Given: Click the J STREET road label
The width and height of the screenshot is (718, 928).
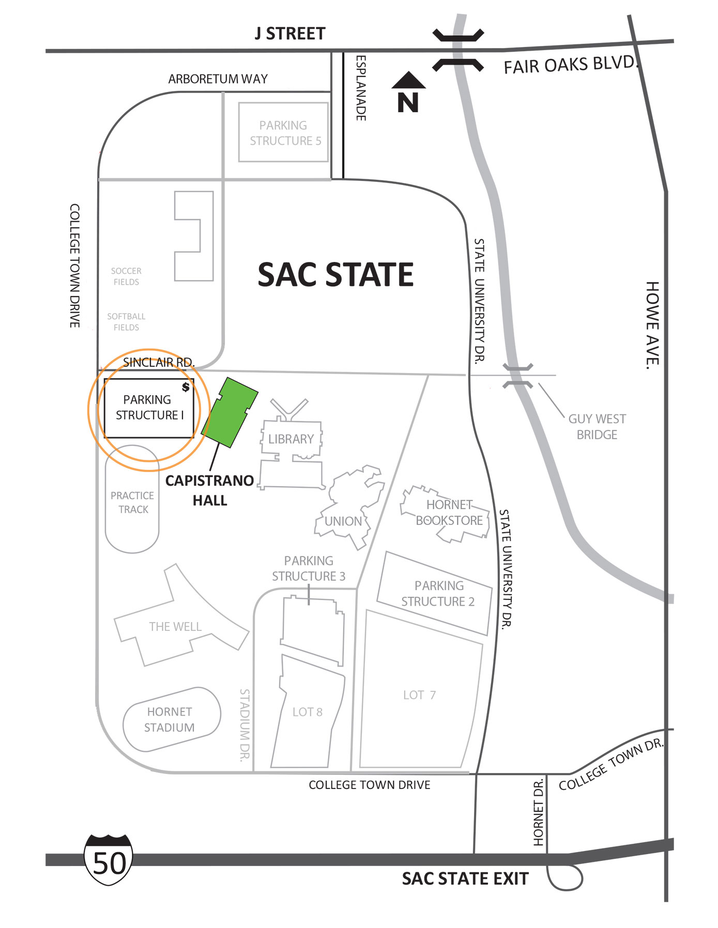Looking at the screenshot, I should (290, 34).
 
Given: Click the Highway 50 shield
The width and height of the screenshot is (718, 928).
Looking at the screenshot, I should (109, 859).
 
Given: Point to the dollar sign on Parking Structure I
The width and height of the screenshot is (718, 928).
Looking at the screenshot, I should (186, 386).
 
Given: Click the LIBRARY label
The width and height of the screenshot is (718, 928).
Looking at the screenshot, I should (291, 439).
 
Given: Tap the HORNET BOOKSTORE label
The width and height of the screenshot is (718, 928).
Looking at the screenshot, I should (449, 513).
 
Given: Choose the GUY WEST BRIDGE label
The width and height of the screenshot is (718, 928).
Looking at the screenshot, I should (597, 427).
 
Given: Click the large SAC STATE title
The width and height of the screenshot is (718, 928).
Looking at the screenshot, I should (335, 274).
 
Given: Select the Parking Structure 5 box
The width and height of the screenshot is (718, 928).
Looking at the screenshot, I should (283, 132).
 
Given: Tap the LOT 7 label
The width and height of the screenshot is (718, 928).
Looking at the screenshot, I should (419, 695).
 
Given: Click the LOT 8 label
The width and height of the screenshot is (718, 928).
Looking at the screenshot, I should (307, 712).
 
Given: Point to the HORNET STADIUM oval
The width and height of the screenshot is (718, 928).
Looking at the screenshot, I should (171, 719).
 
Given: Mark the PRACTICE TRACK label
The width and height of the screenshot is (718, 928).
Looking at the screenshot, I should (132, 502).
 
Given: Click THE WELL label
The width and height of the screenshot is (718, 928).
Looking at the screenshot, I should (175, 627).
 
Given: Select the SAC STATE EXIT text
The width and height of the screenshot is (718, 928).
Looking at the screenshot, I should (465, 879).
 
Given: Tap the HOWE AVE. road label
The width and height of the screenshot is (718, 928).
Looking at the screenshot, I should (652, 325).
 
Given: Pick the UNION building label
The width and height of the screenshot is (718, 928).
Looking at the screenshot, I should (343, 521).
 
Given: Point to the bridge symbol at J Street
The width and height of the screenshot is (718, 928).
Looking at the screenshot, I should (458, 50).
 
